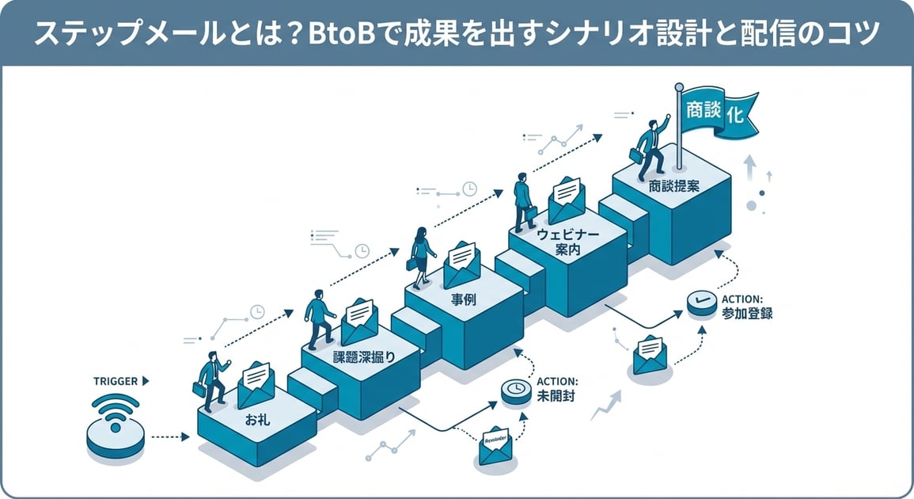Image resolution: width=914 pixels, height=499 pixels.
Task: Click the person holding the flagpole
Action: [650, 150]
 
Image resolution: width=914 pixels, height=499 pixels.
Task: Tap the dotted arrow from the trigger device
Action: [169, 436]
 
